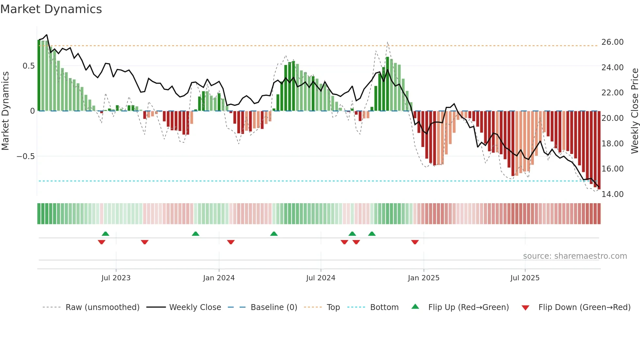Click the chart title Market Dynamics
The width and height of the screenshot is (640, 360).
click(x=51, y=9)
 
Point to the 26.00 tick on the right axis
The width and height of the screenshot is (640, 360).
click(x=612, y=42)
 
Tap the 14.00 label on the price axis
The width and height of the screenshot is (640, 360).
click(x=612, y=194)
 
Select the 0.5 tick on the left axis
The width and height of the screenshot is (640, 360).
click(x=28, y=66)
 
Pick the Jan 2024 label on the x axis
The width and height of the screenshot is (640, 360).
click(x=219, y=278)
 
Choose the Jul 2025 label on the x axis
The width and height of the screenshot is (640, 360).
click(x=525, y=278)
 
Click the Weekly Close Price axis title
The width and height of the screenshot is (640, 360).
click(x=634, y=111)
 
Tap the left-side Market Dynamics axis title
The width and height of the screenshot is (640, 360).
click(x=5, y=111)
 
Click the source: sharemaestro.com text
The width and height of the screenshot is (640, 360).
click(x=575, y=256)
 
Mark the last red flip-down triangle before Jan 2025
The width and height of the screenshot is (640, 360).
click(x=415, y=242)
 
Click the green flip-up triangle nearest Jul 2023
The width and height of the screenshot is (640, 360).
click(x=105, y=234)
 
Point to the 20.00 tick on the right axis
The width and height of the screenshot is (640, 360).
click(x=612, y=118)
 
